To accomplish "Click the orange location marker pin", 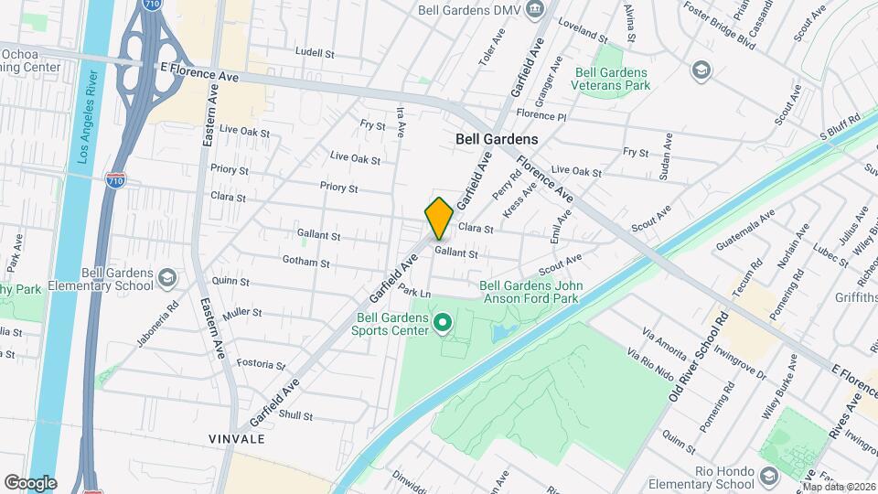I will click(439, 219).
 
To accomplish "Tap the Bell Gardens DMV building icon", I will click(539, 10).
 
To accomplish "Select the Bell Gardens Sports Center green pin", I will click(444, 322).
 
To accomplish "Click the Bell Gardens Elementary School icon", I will click(166, 277).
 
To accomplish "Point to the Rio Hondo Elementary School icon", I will click(768, 476).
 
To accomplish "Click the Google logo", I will click(30, 482).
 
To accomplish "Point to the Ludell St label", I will click(316, 53).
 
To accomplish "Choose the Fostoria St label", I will click(262, 364).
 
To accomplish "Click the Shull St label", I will click(295, 415).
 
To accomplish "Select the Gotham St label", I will click(307, 263).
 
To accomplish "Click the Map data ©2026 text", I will click(838, 486).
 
